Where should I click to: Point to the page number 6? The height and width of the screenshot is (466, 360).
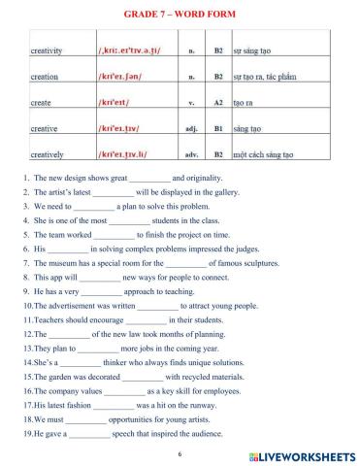180,452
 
